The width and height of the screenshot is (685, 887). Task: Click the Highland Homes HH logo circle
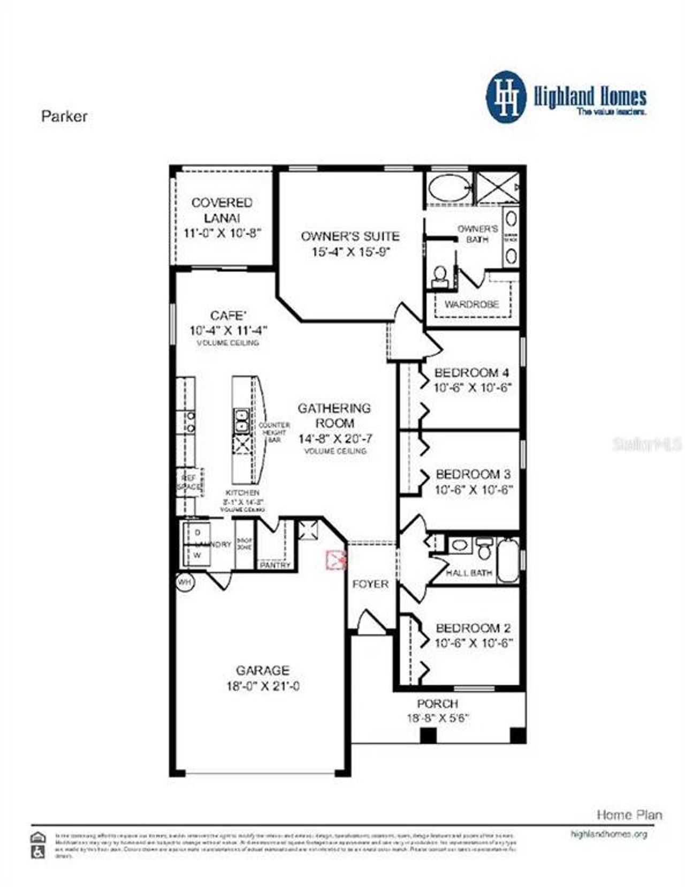point(506,97)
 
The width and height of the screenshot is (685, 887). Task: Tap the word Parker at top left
point(64,116)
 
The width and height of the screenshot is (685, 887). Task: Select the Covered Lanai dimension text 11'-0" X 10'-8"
point(222,233)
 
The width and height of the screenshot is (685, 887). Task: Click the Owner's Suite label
point(349,236)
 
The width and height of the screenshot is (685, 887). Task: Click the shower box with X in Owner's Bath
point(497,187)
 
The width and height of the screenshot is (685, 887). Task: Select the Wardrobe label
point(471,304)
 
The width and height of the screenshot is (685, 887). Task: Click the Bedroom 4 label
point(471,372)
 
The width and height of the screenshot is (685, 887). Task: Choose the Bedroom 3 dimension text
point(473,489)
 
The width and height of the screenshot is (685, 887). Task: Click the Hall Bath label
point(469,572)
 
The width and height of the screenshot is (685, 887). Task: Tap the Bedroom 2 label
point(473,628)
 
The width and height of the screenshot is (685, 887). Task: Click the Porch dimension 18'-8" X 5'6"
point(437,718)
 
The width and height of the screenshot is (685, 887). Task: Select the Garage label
point(262,670)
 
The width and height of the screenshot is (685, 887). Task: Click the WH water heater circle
point(185,582)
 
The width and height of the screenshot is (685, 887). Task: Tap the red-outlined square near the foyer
point(336,560)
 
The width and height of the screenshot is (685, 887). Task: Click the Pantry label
point(275,565)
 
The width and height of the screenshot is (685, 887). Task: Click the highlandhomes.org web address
point(608,834)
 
